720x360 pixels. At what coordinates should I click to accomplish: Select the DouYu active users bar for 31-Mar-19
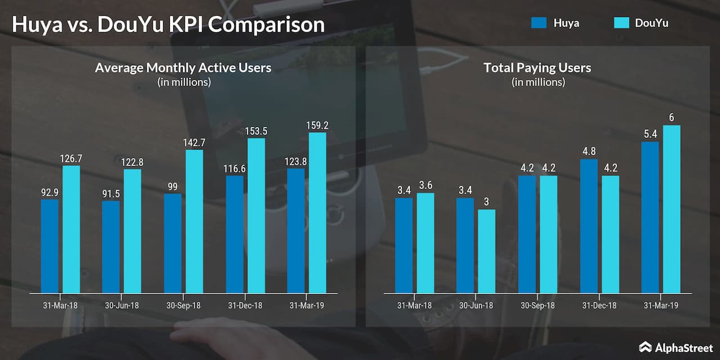pyautogui.click(x=318, y=213)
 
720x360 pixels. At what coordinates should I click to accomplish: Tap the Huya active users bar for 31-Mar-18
pyautogui.click(x=49, y=246)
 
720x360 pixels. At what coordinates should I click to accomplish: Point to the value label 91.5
pyautogui.click(x=111, y=193)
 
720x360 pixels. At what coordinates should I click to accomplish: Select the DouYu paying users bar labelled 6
pyautogui.click(x=672, y=209)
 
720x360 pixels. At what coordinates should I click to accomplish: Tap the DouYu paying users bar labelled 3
pyautogui.click(x=487, y=251)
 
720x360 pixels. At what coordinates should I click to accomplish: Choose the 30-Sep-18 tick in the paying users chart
pyautogui.click(x=537, y=305)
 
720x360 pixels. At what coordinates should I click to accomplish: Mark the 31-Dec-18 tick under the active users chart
pyautogui.click(x=245, y=305)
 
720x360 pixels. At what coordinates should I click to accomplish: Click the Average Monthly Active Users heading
pyautogui.click(x=183, y=68)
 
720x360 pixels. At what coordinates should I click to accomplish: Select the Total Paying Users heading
pyautogui.click(x=537, y=68)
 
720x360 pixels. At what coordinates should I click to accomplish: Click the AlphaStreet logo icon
pyautogui.click(x=645, y=346)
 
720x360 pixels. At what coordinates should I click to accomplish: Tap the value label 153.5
pyautogui.click(x=256, y=131)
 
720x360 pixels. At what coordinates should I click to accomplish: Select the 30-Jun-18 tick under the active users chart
pyautogui.click(x=121, y=305)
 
